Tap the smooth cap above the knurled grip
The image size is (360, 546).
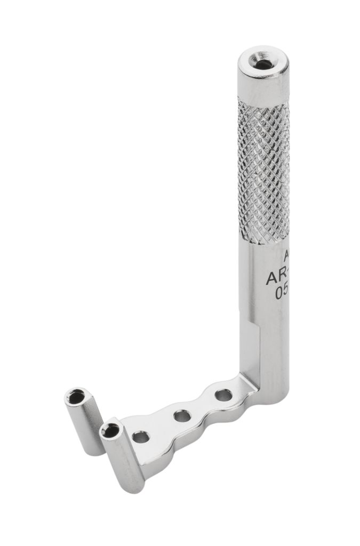263,85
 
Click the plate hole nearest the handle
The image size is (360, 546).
223,396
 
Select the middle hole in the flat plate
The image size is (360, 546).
182,415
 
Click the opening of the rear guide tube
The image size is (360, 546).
76,397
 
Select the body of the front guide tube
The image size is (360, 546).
124,459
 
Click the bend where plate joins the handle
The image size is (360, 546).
246,383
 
